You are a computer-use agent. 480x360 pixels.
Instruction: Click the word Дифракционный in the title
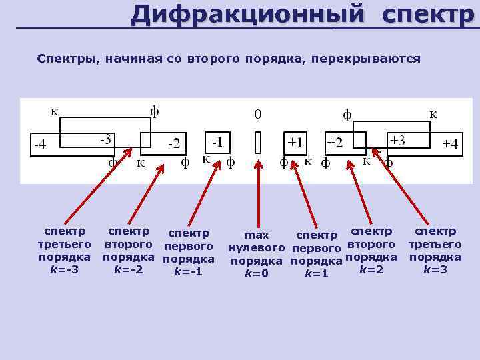(x=248, y=14)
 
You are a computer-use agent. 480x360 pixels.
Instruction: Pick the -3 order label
(x=105, y=141)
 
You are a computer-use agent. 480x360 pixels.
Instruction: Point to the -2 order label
(x=173, y=143)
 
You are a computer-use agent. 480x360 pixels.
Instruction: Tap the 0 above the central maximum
(x=258, y=115)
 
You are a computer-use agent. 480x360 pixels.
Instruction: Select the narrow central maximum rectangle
(x=258, y=143)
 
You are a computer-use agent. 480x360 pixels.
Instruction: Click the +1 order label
(x=295, y=142)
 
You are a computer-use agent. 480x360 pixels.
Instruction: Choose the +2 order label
(x=335, y=143)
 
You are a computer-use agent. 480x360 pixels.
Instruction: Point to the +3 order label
(x=398, y=141)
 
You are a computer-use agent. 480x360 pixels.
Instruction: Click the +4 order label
(x=451, y=144)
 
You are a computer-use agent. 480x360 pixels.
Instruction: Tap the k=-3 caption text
(x=64, y=270)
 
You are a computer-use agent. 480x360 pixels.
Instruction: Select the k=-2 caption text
(x=127, y=270)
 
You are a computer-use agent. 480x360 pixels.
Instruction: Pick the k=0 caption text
(x=257, y=273)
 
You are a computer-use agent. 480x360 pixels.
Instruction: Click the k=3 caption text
(x=435, y=270)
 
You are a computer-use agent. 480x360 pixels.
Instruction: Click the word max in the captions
(x=257, y=235)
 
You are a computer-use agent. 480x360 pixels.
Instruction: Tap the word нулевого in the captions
(x=257, y=248)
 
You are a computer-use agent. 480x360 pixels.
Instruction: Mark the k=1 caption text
(x=316, y=273)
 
